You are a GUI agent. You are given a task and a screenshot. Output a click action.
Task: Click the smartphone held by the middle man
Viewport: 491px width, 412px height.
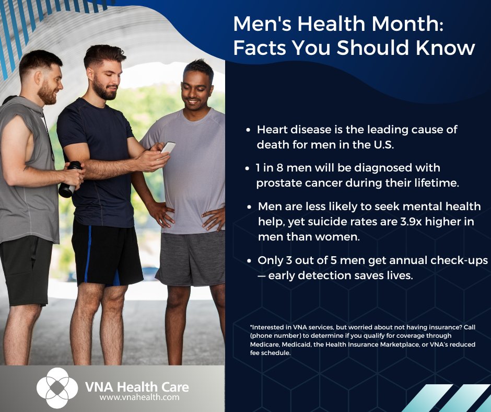coord(168,148)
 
